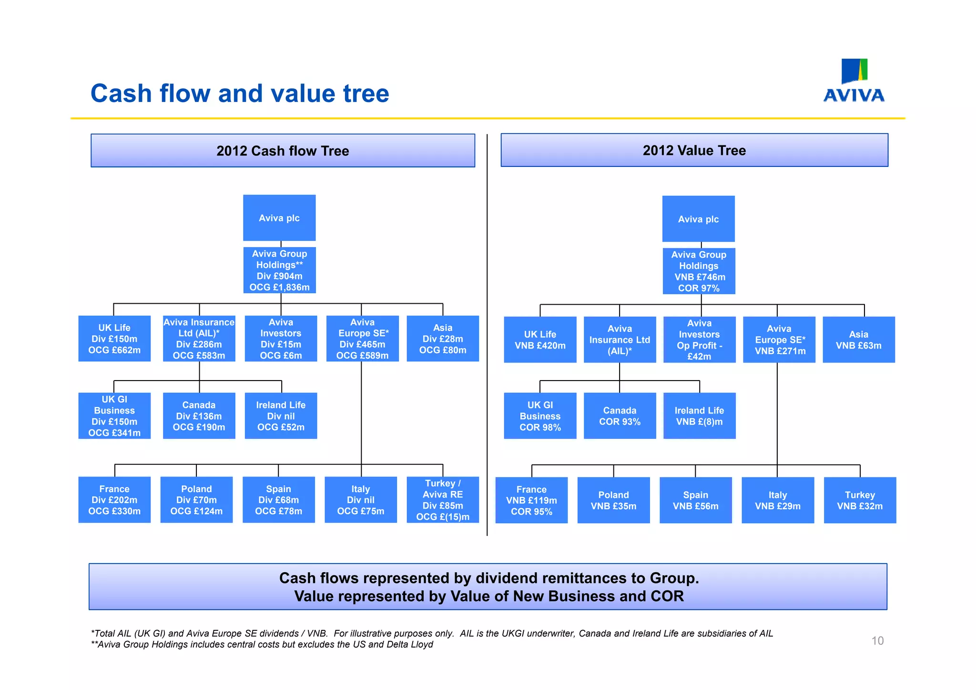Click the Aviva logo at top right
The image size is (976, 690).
854,81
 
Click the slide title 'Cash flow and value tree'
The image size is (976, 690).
240,93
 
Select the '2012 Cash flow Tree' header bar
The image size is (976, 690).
283,151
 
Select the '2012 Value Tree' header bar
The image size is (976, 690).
694,150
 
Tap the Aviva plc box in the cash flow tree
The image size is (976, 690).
279,218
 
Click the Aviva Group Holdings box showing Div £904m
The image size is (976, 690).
279,270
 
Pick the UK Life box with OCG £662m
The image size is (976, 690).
114,339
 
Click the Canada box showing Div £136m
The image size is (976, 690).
199,416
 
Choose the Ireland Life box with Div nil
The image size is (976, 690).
281,416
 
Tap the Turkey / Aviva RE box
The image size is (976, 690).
443,500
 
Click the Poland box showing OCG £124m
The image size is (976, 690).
196,500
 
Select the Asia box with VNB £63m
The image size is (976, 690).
858,340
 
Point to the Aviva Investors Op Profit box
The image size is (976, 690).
699,340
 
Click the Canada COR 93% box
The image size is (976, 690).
620,416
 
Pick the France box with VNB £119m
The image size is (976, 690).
531,500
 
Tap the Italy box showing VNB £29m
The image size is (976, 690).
778,500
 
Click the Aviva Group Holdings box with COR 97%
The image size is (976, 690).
699,271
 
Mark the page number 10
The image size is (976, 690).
877,640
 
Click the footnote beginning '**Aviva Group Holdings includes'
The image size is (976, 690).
262,645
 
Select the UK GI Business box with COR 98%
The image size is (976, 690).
540,416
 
